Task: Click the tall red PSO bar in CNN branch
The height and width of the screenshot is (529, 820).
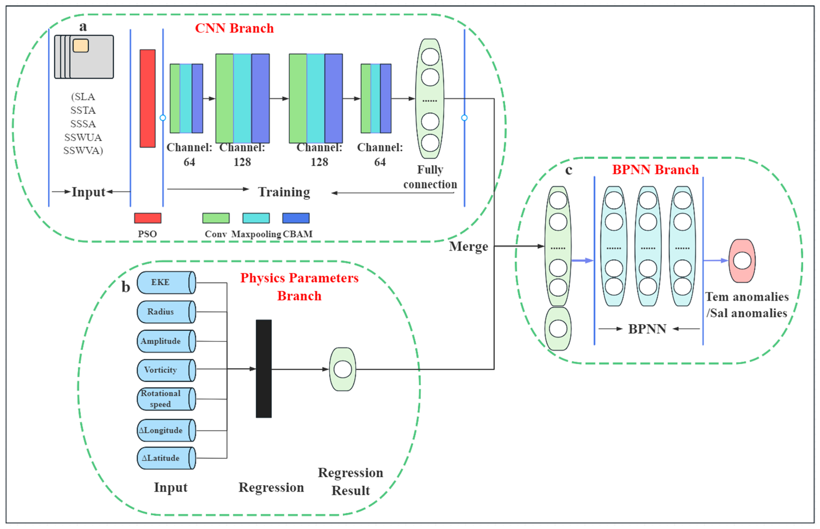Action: pyautogui.click(x=148, y=99)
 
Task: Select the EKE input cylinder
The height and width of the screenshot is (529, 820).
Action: pyautogui.click(x=166, y=282)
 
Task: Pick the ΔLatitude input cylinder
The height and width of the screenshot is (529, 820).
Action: pyautogui.click(x=166, y=458)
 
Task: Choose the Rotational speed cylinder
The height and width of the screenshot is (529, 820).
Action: pyautogui.click(x=166, y=399)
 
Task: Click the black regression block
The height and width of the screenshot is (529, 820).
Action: pyautogui.click(x=263, y=369)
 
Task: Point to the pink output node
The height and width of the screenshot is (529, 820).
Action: pyautogui.click(x=742, y=261)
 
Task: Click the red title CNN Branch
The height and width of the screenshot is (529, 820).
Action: pyautogui.click(x=234, y=28)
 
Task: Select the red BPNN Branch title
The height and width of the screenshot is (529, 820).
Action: pyautogui.click(x=655, y=170)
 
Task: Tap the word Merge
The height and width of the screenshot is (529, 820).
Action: pyautogui.click(x=468, y=247)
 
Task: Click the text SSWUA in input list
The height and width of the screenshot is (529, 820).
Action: pyautogui.click(x=83, y=137)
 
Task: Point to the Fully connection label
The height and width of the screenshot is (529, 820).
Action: pyautogui.click(x=430, y=177)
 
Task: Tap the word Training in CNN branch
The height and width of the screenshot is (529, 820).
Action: pyautogui.click(x=284, y=192)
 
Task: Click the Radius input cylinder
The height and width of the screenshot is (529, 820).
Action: pyautogui.click(x=166, y=312)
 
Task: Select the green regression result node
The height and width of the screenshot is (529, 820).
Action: pyautogui.click(x=343, y=369)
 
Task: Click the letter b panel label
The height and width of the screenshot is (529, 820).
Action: pyautogui.click(x=126, y=287)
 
